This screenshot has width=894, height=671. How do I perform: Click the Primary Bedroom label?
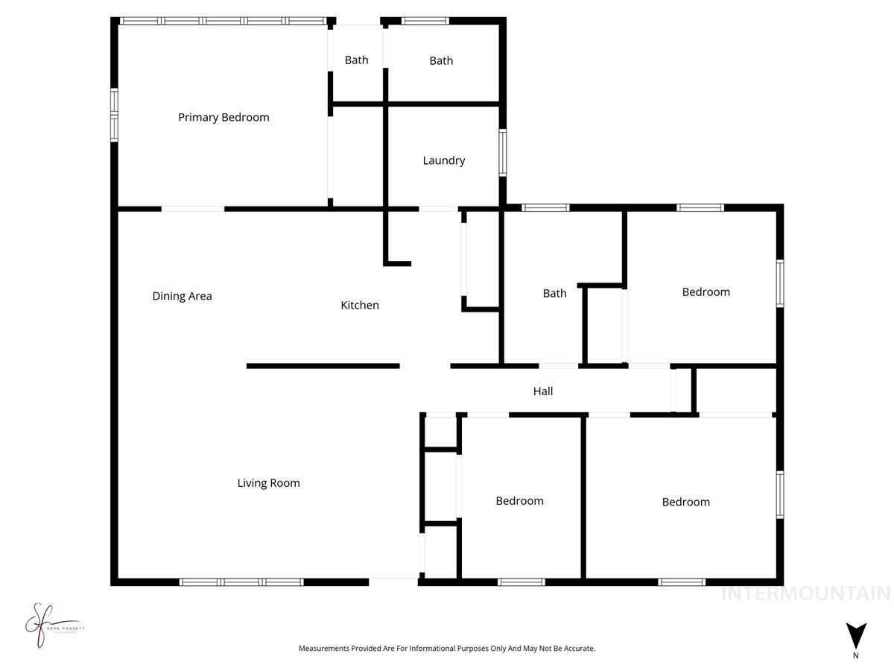[223, 117]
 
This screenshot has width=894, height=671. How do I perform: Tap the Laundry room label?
[444, 160]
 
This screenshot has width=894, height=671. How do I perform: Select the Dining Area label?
[182, 296]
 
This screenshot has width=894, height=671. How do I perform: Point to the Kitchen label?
[360, 305]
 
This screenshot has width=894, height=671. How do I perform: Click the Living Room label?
[268, 483]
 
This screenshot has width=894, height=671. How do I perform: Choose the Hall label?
[543, 391]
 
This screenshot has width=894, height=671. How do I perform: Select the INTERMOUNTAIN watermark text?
[805, 593]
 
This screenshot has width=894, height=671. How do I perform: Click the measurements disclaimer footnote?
[447, 649]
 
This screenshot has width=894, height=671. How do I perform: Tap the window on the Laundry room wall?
[503, 153]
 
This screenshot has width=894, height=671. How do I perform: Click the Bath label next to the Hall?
[554, 293]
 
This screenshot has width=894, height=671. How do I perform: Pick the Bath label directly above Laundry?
[441, 60]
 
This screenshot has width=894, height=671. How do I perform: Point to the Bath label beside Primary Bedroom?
[356, 60]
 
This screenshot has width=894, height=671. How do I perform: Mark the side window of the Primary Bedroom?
[114, 115]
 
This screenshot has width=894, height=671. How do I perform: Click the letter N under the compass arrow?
[856, 655]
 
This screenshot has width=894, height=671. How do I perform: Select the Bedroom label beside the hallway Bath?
[706, 292]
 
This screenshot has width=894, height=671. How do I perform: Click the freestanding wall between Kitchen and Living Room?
[323, 366]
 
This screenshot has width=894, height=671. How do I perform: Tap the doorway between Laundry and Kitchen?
[438, 209]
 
